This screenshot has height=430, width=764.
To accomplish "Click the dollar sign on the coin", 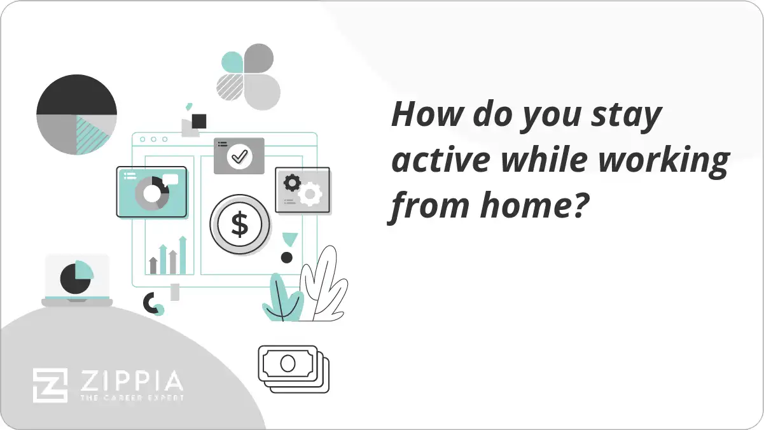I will (240, 225).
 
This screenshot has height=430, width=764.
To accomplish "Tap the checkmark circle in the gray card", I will (239, 156).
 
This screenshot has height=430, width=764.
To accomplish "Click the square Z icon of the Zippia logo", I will (50, 385).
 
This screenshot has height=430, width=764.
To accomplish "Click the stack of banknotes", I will (293, 368).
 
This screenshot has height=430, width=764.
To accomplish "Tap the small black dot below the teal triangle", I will (287, 258).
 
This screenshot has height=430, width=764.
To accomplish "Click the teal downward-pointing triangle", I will (290, 239).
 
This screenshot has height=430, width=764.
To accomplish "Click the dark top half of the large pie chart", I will (76, 95).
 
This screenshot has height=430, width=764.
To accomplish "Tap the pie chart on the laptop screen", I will (76, 277).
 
